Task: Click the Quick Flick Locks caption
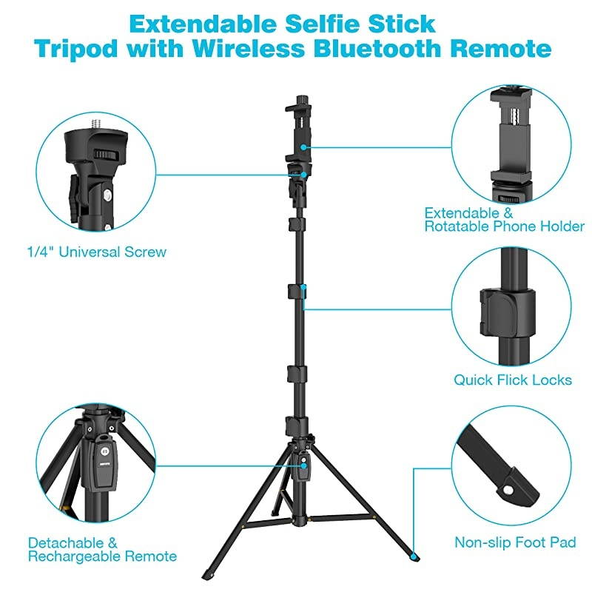512,380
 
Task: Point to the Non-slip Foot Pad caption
515,543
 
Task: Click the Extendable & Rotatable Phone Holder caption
504,219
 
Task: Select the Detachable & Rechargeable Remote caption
102,549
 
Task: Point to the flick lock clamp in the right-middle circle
508,309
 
